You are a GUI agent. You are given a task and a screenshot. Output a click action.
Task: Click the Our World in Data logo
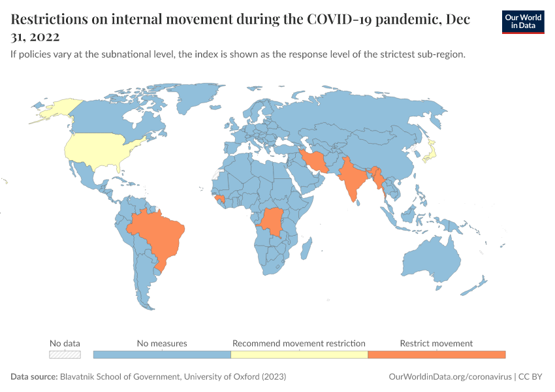click(x=522, y=21)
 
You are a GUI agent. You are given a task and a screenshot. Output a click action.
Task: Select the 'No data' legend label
click(x=65, y=343)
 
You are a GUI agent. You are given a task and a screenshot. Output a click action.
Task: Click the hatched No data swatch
click(x=65, y=354)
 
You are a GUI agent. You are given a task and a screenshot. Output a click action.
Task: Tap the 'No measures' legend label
click(x=162, y=343)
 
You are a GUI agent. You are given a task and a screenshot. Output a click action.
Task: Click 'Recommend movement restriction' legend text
click(x=299, y=343)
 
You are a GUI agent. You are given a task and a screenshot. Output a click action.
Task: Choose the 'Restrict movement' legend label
click(x=436, y=343)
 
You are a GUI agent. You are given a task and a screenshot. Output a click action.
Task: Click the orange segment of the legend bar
click(x=436, y=354)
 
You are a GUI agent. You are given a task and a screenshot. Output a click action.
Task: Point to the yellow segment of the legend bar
click(x=299, y=354)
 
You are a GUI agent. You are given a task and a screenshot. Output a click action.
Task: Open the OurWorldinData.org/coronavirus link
click(x=449, y=377)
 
